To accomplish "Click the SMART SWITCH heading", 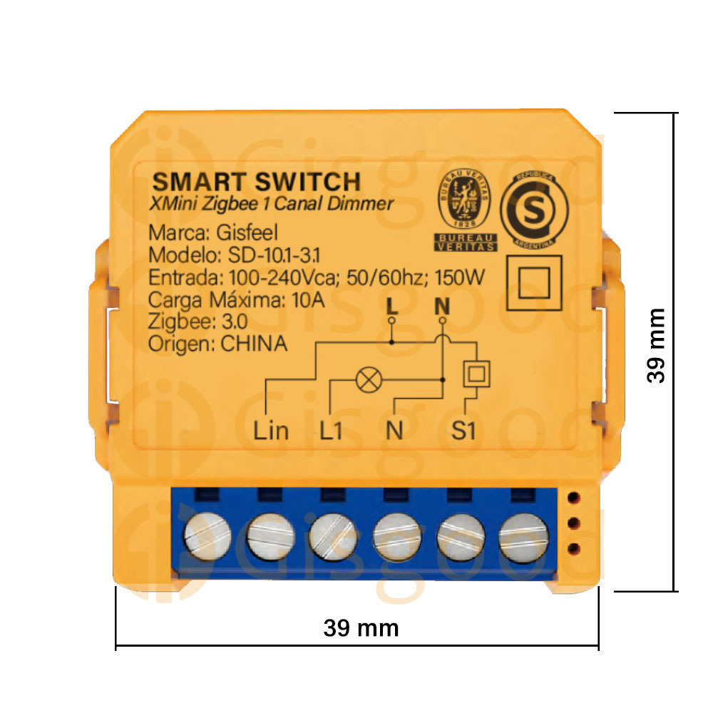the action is (257, 182).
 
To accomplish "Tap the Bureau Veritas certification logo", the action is (465, 210).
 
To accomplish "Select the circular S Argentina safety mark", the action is (534, 210).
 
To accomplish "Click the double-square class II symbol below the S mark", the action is (534, 283).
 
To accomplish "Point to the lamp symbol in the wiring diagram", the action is (369, 380).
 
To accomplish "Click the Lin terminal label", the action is (270, 430).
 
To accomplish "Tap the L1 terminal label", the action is (331, 430).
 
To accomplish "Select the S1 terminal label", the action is (463, 430).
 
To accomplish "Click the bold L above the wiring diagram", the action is (392, 307).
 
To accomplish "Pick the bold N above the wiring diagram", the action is (442, 307).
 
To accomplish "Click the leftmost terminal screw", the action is (207, 537).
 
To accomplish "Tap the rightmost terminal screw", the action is (523, 538).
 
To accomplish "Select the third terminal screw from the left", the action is (333, 537).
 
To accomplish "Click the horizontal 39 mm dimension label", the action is (361, 628).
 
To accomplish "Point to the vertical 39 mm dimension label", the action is (656, 345).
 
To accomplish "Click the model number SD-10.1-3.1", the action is (275, 255).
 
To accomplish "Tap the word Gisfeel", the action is (247, 233).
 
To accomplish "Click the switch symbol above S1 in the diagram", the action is (476, 374).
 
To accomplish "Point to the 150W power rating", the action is (460, 277).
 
